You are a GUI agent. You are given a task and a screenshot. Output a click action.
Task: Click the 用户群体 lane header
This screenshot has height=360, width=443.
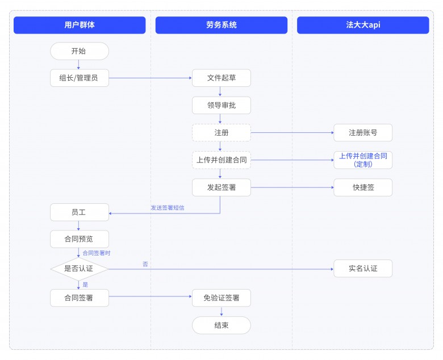click(80, 25)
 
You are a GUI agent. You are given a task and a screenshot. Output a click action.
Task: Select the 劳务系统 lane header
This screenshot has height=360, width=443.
click(221, 25)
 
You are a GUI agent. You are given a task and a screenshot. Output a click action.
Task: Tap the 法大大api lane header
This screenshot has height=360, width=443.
click(363, 25)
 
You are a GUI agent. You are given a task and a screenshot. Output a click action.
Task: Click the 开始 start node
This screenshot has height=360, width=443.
click(80, 51)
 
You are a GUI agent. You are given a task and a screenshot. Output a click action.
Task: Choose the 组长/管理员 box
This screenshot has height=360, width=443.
click(80, 78)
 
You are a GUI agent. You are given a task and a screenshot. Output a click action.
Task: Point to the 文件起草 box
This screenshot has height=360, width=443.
click(221, 78)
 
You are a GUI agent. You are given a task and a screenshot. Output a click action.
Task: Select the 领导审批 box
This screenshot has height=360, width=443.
click(221, 105)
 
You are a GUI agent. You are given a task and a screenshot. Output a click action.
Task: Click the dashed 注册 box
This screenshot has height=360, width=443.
click(221, 133)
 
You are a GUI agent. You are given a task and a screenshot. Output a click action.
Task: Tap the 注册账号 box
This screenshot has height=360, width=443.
click(363, 133)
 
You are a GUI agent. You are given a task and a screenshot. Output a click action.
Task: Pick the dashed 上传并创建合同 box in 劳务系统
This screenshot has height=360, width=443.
click(221, 160)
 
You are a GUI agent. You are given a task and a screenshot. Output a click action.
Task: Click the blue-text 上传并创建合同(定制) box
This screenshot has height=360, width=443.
click(363, 160)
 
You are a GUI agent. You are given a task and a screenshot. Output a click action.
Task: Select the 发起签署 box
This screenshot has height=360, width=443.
click(221, 187)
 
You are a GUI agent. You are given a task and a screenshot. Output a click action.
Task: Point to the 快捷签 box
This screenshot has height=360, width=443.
click(363, 187)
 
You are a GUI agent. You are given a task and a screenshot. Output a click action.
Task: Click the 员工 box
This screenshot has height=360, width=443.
click(80, 212)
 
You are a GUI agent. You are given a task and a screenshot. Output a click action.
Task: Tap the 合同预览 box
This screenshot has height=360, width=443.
click(80, 239)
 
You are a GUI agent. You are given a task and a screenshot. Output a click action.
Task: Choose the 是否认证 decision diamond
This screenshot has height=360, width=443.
click(80, 269)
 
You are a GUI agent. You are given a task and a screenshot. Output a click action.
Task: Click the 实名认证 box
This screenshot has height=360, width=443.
click(363, 269)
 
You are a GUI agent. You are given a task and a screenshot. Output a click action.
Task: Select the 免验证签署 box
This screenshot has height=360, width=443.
click(221, 298)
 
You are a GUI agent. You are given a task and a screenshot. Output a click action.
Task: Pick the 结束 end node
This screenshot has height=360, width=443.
click(221, 325)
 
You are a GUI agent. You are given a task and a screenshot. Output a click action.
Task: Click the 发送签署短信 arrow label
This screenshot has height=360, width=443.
click(167, 208)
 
